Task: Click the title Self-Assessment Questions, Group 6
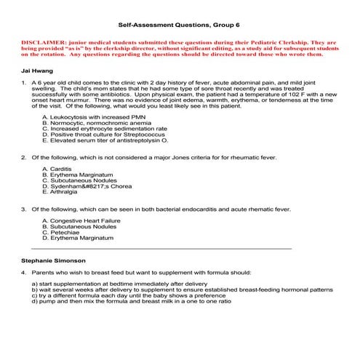click(x=179, y=24)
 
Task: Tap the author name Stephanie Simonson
click(x=54, y=260)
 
